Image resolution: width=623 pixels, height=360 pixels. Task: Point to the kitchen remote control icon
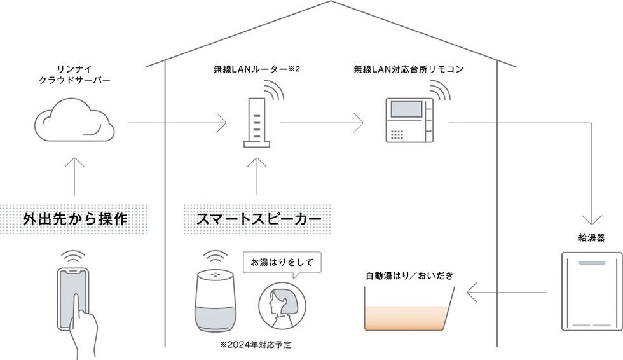pyautogui.click(x=409, y=120)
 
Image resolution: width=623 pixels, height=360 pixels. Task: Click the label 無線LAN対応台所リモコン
pyautogui.click(x=408, y=69)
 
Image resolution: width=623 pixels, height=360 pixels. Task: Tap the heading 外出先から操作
pyautogui.click(x=75, y=220)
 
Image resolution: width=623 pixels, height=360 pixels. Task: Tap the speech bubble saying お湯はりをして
pyautogui.click(x=282, y=262)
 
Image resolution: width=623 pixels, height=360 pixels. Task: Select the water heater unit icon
pyautogui.click(x=591, y=291)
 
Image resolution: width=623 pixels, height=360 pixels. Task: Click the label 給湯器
pyautogui.click(x=591, y=238)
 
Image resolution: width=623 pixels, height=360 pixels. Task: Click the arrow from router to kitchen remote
pyautogui.click(x=322, y=122)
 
